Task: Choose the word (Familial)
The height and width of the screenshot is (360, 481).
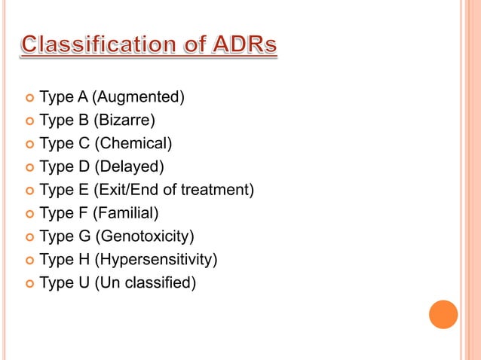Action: [125, 213]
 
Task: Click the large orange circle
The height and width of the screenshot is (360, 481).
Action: [443, 314]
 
